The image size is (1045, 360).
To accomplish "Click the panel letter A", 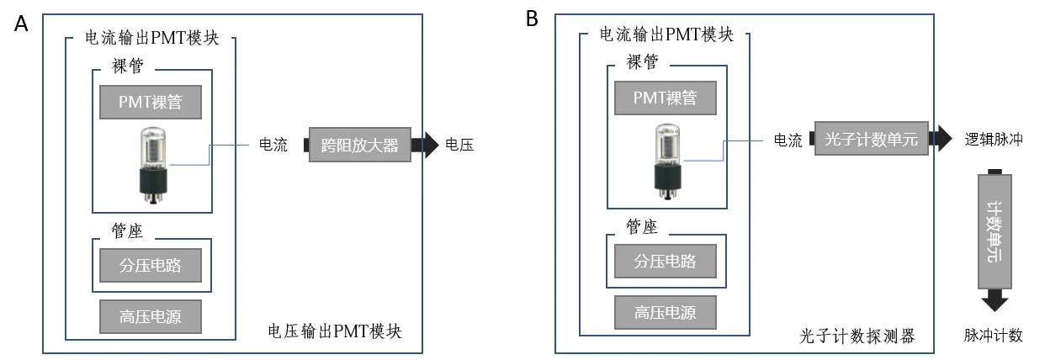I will pos(21,24).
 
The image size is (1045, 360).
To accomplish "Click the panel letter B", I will pos(532,19).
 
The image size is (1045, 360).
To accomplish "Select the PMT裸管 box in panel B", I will pos(665,98).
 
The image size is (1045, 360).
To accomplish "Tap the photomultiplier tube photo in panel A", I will pos(153,165).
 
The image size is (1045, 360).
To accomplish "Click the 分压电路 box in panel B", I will pos(665,261).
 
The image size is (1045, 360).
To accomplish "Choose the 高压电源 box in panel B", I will pos(665,312).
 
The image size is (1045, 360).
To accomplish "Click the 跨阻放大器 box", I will pos(360,145).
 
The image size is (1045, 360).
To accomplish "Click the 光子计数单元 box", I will pos(871,140).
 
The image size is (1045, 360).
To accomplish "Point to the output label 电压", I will pos(459,145).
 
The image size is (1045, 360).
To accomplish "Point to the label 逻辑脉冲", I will pos(993,140).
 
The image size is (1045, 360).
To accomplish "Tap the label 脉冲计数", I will pos(993,336).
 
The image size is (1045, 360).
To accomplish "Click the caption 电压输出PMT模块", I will pos(333,331).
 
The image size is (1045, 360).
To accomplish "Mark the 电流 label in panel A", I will pos(273,145).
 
